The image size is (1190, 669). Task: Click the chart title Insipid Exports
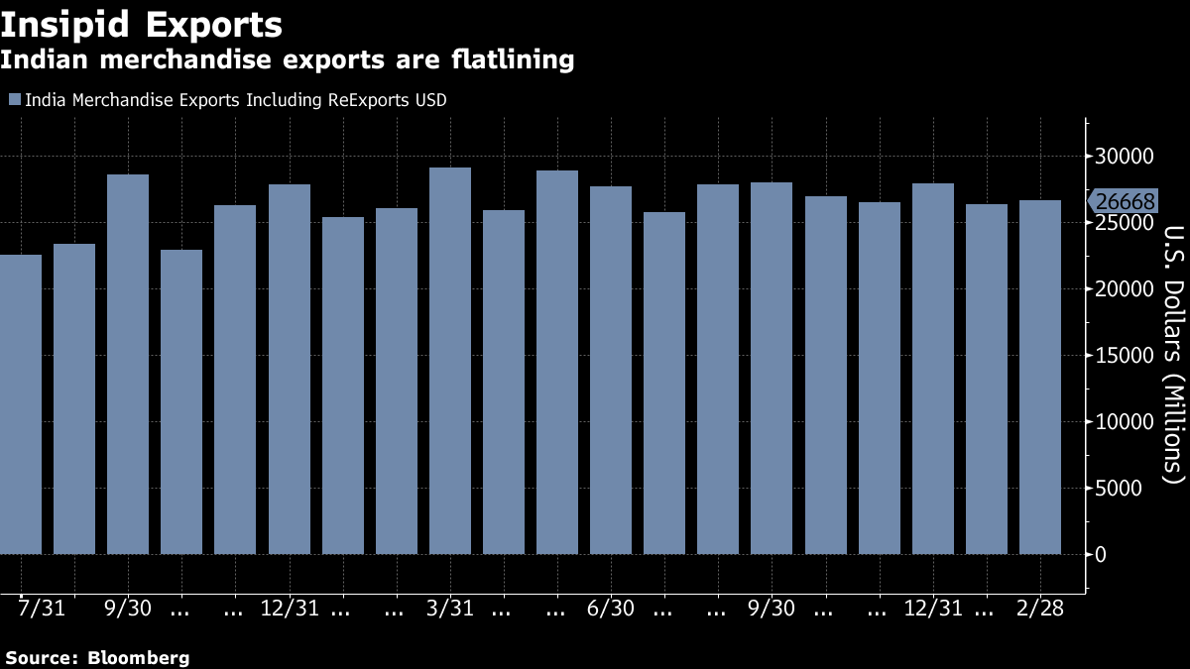pos(141,23)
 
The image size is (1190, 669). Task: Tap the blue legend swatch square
pos(14,100)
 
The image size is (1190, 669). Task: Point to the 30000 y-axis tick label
pos(1124,157)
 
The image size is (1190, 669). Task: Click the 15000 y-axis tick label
pos(1124,356)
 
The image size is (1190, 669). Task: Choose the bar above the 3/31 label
pos(450,361)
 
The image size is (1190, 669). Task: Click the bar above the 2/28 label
pos(1040,377)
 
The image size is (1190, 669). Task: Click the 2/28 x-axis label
pos(1041,609)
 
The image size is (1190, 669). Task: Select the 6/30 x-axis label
pos(611,609)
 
